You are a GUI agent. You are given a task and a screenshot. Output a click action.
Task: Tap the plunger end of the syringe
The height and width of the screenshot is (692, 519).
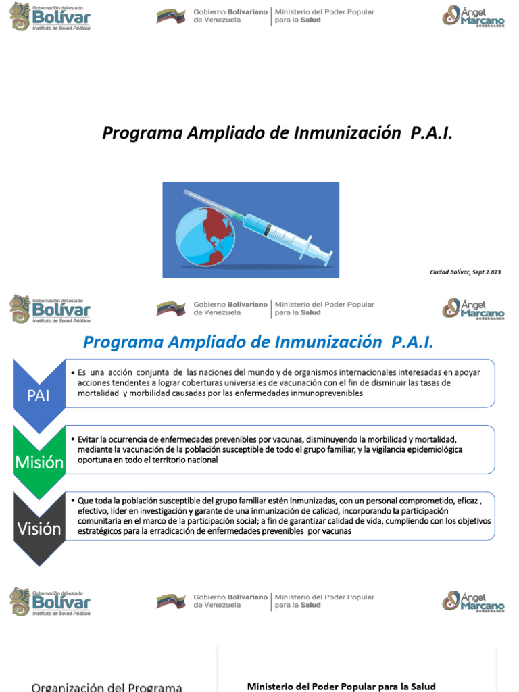point(327,256)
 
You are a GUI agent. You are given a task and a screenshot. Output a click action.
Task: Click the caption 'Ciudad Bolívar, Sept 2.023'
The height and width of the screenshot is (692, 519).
point(466,272)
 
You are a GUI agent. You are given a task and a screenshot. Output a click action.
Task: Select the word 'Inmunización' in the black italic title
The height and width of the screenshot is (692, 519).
point(347,133)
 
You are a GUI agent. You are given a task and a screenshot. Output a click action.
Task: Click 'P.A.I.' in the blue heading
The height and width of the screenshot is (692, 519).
point(412,343)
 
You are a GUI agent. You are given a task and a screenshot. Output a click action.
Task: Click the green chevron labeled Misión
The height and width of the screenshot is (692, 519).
point(39,463)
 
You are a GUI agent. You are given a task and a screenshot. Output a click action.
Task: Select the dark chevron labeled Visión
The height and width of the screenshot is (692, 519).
point(39,528)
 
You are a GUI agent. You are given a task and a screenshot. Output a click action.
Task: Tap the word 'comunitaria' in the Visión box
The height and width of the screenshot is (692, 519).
point(100,521)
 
